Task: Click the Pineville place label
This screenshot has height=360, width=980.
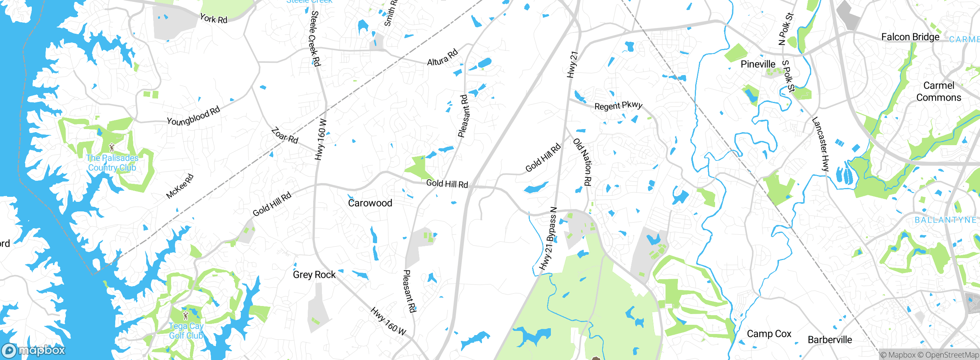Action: pos(758,64)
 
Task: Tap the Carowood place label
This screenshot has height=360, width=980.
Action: pos(370,203)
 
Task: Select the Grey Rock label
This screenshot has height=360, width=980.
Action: pos(314,275)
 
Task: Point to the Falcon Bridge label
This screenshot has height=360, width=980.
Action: pos(910,37)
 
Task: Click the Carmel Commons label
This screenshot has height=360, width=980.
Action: pos(938,92)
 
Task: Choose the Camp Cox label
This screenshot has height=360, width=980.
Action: pos(769,334)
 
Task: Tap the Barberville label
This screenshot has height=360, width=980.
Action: pos(830,340)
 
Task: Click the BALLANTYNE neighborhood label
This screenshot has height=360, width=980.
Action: pos(945,220)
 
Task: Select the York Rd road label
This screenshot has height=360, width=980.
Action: pos(214,18)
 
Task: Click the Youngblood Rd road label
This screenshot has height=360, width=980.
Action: pos(193,116)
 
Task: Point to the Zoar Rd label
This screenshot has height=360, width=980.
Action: pos(284,136)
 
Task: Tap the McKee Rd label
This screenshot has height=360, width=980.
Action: pos(180,187)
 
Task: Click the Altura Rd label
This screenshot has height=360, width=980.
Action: pos(442,57)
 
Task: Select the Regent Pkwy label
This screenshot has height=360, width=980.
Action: pos(618,106)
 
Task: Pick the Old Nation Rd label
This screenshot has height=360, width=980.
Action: pos(583,162)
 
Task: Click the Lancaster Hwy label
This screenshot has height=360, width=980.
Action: pos(820,144)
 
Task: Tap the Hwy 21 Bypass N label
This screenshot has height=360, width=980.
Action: pos(548,239)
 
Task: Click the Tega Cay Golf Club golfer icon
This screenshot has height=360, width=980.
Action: pos(186,316)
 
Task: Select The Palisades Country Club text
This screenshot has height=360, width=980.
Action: pos(112,163)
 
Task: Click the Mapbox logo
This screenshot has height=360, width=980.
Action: pos(33,350)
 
